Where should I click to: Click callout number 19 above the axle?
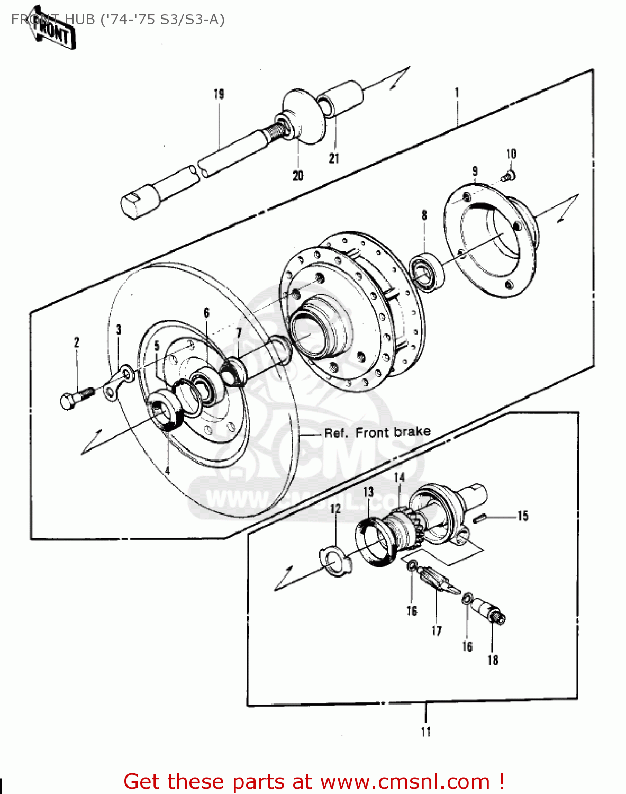click(219, 94)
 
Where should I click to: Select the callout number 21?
click(334, 158)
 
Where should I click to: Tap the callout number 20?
click(298, 175)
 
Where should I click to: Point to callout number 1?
click(457, 93)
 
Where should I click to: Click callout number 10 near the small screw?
click(511, 154)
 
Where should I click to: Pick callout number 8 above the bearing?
click(424, 215)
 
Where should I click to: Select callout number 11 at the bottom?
click(426, 732)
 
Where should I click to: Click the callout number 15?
click(523, 516)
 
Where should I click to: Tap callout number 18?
click(493, 660)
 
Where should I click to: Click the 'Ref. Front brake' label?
click(377, 433)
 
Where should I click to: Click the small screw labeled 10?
click(509, 174)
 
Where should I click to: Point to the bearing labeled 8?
click(428, 272)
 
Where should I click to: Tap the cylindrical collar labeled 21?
click(341, 98)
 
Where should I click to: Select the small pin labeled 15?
click(482, 518)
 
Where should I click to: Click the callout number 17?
click(437, 631)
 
